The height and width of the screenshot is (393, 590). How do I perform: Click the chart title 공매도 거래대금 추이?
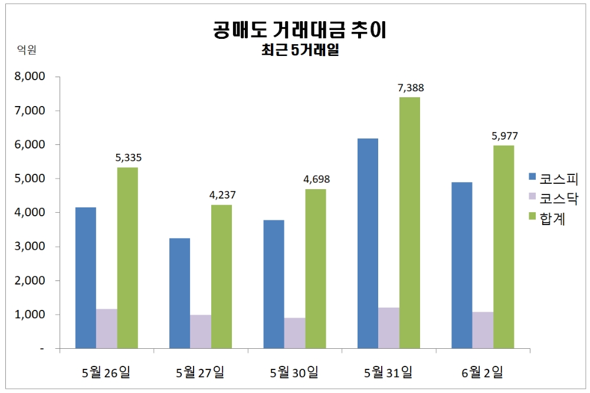[x=299, y=29]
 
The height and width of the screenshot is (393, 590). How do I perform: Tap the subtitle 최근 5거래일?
[x=299, y=51]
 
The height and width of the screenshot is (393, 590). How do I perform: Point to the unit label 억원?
[x=27, y=51]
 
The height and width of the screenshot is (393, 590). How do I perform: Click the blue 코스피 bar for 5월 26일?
[x=86, y=278]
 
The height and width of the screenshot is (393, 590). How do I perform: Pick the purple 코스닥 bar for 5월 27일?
[x=201, y=332]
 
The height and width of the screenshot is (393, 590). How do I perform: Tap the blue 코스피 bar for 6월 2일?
[x=461, y=265]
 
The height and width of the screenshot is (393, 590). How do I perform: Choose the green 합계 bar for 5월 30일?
[x=315, y=269]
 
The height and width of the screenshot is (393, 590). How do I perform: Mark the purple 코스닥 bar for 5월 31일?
[x=388, y=328]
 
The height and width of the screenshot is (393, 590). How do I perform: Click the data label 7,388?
[x=411, y=88]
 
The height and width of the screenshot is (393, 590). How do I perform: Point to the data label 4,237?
[x=222, y=195]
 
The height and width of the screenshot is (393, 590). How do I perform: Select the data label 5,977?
[x=504, y=136]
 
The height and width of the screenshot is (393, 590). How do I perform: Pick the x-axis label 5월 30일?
[x=294, y=372]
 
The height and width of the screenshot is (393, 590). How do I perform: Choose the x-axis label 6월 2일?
[x=483, y=372]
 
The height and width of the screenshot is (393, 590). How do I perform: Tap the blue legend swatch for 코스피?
[x=532, y=177]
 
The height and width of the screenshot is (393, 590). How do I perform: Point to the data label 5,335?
[x=129, y=158]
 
